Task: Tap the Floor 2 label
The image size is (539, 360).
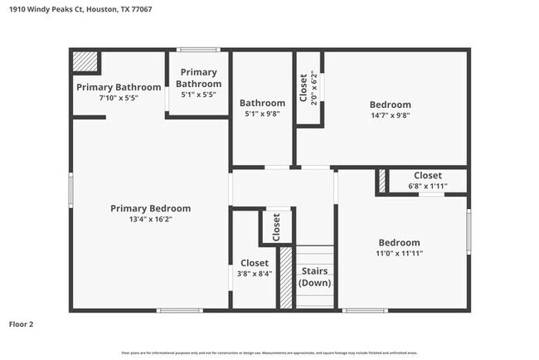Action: pyautogui.click(x=22, y=324)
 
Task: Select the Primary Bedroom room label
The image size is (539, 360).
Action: pyautogui.click(x=150, y=208)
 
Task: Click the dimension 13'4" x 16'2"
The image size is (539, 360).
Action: pyautogui.click(x=150, y=220)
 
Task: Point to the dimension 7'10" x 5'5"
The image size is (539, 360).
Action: pyautogui.click(x=119, y=98)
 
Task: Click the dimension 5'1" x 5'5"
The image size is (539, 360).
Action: pyautogui.click(x=200, y=95)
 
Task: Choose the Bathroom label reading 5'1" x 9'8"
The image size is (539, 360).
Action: pyautogui.click(x=262, y=114)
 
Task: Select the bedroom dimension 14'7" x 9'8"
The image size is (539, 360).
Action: pyautogui.click(x=390, y=115)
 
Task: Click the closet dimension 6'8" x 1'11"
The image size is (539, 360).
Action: pyautogui.click(x=427, y=187)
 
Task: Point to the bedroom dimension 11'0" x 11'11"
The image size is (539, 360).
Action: pyautogui.click(x=401, y=254)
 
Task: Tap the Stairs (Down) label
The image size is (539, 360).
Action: pyautogui.click(x=314, y=277)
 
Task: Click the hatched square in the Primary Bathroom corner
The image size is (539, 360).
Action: pyautogui.click(x=85, y=62)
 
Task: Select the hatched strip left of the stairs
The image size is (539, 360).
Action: pyautogui.click(x=286, y=277)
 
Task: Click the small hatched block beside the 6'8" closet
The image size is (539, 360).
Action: pyautogui.click(x=381, y=182)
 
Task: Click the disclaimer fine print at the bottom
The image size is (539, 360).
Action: pyautogui.click(x=269, y=353)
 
